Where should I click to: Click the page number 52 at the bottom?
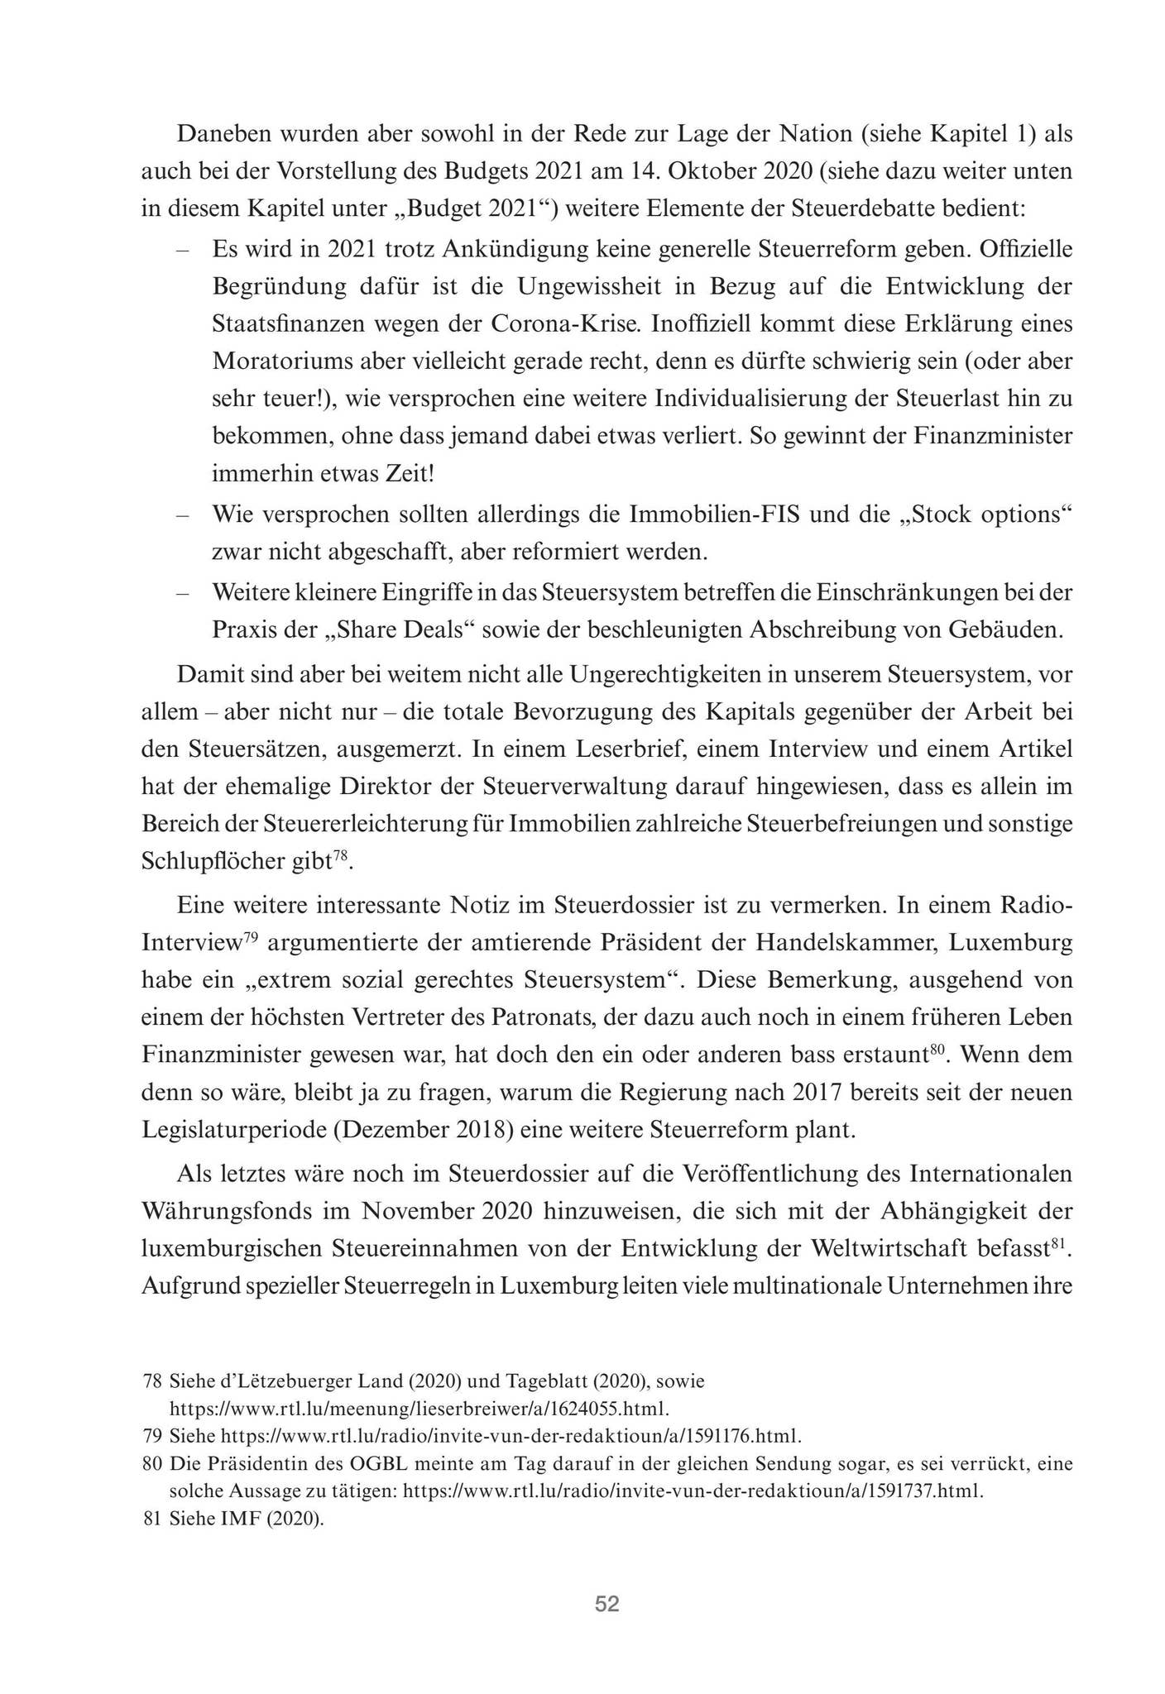click(606, 1604)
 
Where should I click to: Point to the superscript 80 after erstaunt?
click(936, 1050)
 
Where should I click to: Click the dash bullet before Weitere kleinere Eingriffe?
click(183, 593)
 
